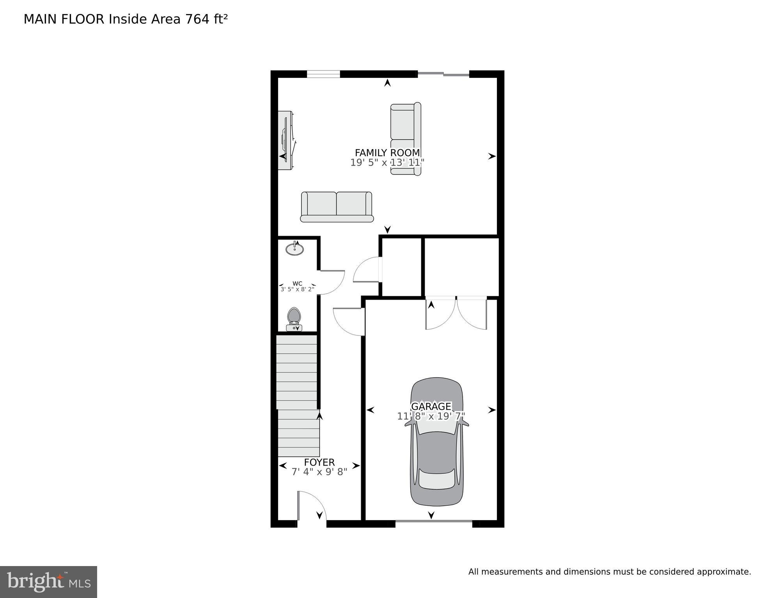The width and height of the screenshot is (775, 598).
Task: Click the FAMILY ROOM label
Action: point(387,153)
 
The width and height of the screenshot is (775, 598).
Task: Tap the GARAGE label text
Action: point(431,407)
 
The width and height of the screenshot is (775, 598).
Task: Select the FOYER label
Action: point(319,462)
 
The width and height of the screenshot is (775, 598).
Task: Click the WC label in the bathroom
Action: point(297,284)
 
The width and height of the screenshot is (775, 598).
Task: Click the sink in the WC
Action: point(294,249)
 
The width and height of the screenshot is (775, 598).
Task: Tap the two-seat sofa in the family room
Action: point(337,206)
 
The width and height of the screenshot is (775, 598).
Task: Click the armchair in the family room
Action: point(406,139)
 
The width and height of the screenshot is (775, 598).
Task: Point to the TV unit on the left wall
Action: point(286,140)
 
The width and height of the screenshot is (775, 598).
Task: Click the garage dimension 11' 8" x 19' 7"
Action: point(431,416)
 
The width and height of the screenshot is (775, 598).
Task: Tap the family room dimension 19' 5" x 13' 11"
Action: point(387,162)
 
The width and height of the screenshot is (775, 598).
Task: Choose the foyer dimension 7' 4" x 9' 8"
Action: point(319,472)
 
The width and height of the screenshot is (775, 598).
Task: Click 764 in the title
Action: point(198,19)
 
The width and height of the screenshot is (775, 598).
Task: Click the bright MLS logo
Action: point(48,582)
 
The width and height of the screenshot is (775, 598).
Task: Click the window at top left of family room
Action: point(323,74)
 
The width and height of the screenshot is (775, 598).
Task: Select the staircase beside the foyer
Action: point(297,393)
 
